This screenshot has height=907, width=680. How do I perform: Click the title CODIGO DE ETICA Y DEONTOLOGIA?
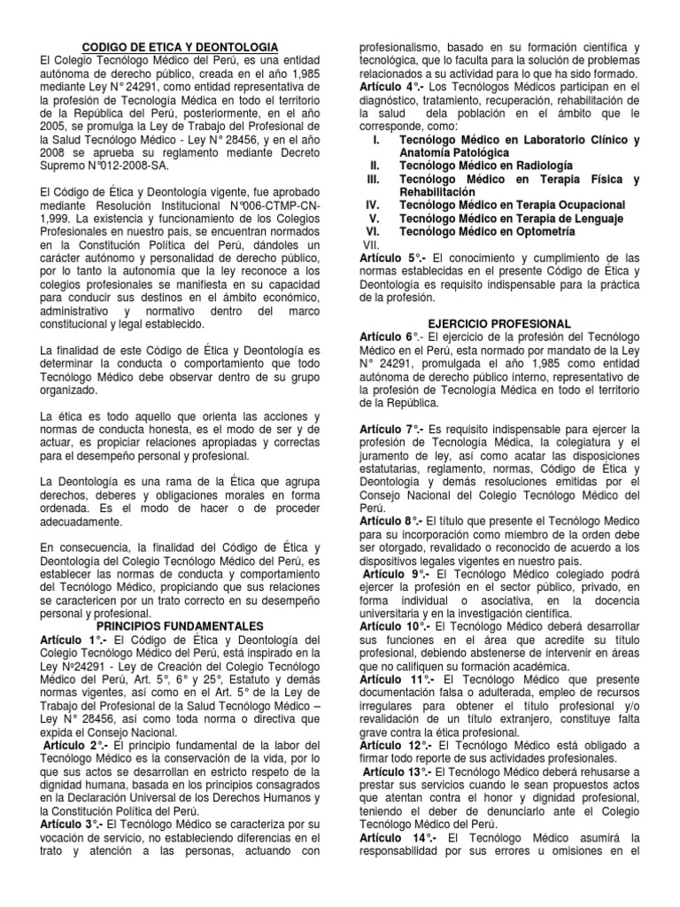(x=180, y=46)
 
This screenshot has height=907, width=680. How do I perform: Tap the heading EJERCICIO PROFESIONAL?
(x=511, y=324)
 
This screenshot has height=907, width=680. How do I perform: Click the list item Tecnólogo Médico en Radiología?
(x=486, y=166)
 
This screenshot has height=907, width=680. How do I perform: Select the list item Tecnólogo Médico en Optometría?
(x=487, y=231)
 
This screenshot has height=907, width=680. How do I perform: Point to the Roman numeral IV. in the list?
(x=373, y=205)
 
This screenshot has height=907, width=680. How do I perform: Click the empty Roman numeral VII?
(x=371, y=244)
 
